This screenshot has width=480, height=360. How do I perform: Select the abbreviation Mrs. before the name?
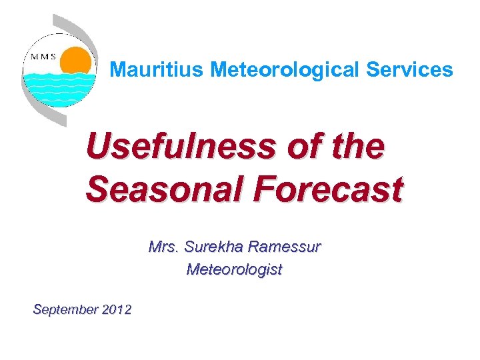(x=163, y=247)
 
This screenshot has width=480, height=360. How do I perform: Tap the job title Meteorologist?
(x=234, y=269)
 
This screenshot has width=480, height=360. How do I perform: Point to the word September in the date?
(x=65, y=309)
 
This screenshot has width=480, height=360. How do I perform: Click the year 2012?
(x=117, y=309)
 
